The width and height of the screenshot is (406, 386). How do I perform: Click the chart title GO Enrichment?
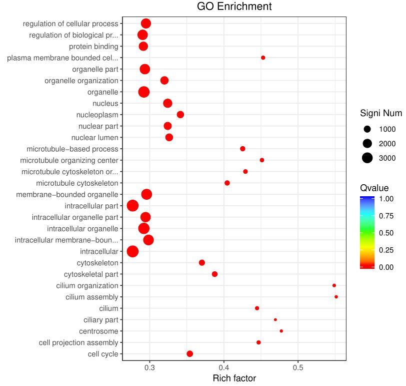[234, 7]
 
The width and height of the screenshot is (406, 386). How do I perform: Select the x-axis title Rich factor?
[234, 378]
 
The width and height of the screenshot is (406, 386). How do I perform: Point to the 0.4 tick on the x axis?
[224, 367]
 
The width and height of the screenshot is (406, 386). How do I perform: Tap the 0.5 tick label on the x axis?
[298, 367]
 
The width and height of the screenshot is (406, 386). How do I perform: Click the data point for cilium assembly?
[336, 297]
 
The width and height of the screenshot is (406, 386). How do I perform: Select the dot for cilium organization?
[334, 285]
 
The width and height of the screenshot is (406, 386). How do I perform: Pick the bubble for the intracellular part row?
[132, 206]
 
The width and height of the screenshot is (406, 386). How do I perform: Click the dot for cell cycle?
[189, 354]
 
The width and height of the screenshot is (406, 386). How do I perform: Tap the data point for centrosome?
[281, 331]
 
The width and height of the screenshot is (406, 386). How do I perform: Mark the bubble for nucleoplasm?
[180, 115]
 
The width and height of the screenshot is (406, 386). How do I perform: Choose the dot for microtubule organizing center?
[262, 160]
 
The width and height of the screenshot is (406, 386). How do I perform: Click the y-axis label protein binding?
[93, 47]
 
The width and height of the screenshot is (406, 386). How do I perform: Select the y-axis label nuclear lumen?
[95, 138]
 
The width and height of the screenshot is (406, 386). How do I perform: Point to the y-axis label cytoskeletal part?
[91, 274]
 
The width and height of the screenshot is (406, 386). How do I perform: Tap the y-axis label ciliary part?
[101, 320]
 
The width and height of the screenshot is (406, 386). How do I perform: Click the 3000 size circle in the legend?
[367, 158]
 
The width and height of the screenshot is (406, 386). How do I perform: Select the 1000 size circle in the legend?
[367, 129]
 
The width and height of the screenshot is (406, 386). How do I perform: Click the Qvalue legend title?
[374, 188]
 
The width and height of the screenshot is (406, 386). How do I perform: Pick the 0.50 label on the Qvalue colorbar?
[385, 233]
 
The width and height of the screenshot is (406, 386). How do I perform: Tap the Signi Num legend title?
[381, 114]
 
